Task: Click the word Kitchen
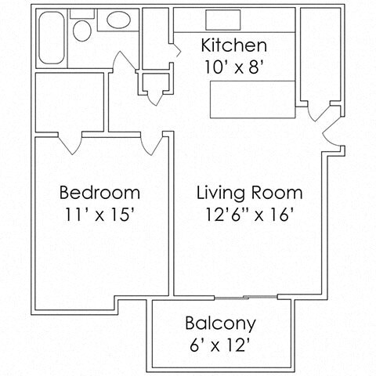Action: coord(234,45)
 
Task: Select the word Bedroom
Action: coord(100,192)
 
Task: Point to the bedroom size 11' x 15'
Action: coord(100,214)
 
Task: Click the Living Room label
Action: coord(249,192)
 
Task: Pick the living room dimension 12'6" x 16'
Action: coord(249,214)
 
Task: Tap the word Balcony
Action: coord(220,323)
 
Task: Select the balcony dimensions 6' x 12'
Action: coord(220,345)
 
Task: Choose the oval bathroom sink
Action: coord(120,22)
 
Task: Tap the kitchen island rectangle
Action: coord(251,96)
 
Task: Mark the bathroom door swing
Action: coord(123,63)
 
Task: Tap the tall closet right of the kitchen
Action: coord(318,55)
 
